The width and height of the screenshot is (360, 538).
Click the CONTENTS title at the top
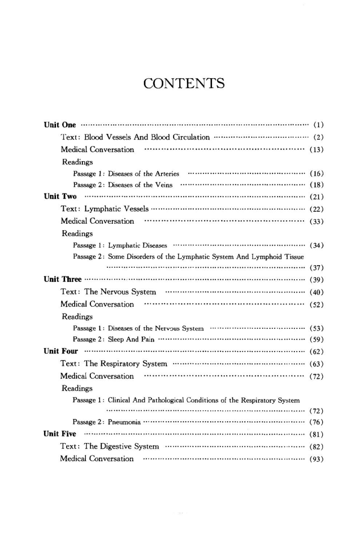[184, 83]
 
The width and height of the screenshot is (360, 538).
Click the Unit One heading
[59, 125]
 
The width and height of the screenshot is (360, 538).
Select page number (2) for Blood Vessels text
[318, 137]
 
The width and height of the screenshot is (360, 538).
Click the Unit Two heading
[60, 197]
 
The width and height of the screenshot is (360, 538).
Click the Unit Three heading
[62, 279]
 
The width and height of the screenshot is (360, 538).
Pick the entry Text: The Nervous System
[108, 292]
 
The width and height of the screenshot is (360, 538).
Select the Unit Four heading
[60, 351]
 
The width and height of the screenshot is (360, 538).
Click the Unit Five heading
[60, 434]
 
